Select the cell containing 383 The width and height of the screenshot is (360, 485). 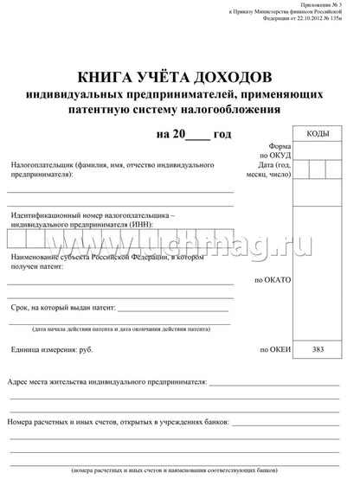pyautogui.click(x=318, y=349)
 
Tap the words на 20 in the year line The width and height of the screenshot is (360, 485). pyautogui.click(x=170, y=135)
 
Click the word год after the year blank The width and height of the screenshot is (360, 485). pyautogui.click(x=222, y=135)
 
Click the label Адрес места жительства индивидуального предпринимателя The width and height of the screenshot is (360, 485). pyautogui.click(x=106, y=380)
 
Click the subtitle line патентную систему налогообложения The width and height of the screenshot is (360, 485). pyautogui.click(x=179, y=110)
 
